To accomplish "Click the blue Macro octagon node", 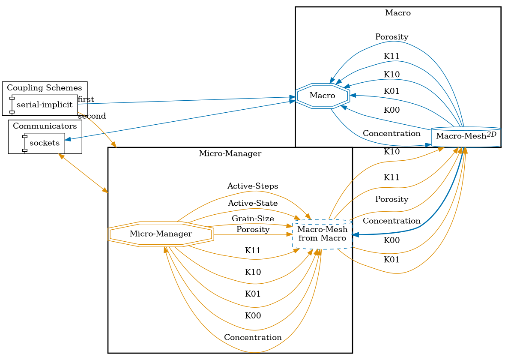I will point(323,95).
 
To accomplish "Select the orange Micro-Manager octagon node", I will point(161,234).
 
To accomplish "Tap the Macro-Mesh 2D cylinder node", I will point(466,137).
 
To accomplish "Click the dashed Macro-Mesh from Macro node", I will point(322,234).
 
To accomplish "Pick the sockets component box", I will point(45,143).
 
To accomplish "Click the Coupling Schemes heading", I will point(45,88).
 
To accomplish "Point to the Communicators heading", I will point(45,126).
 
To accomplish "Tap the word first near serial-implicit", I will point(86,100).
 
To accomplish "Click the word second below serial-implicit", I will point(92,116).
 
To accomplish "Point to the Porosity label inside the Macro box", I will point(391,37).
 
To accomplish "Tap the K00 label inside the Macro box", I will point(391,110).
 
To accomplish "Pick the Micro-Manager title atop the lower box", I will point(230,153).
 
